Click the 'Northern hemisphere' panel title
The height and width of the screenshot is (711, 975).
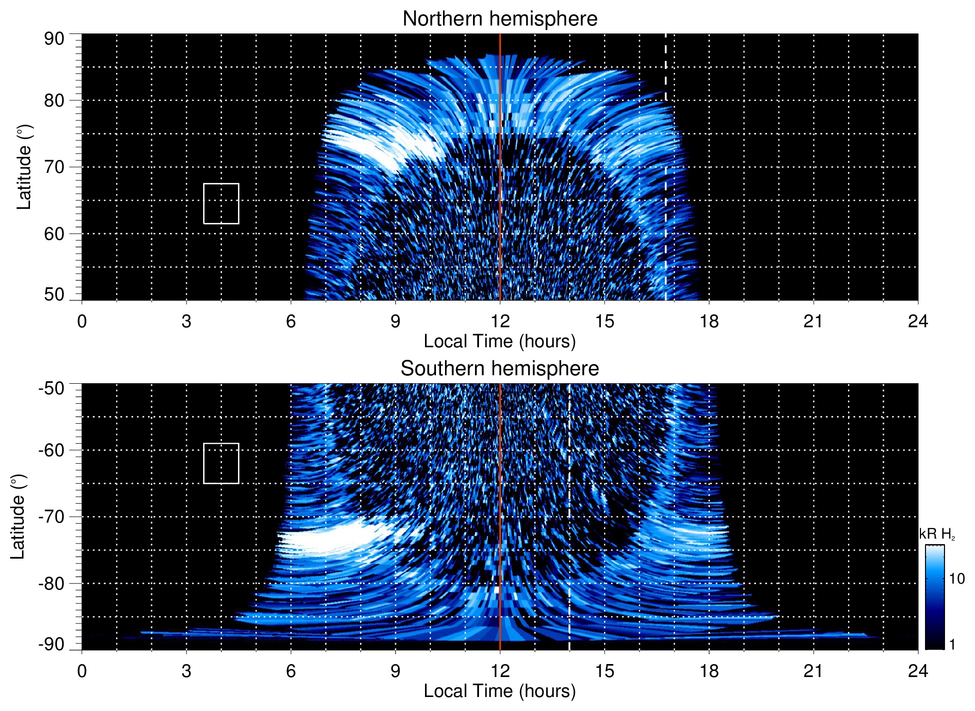(499, 19)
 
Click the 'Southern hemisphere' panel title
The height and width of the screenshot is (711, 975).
(499, 369)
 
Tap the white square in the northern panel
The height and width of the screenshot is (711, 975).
(221, 203)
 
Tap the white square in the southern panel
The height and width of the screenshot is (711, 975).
(221, 463)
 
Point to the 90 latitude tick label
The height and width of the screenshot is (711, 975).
(54, 39)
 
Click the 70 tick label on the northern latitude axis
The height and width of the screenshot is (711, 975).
(54, 167)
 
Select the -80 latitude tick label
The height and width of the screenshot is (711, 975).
(51, 584)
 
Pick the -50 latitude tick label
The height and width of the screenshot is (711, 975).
(51, 388)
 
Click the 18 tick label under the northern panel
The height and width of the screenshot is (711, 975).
(708, 321)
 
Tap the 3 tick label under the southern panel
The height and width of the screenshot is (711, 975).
(186, 671)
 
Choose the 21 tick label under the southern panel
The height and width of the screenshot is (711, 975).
(813, 671)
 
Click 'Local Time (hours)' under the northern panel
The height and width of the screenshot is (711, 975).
(499, 342)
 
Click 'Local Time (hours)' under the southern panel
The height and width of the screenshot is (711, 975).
(499, 692)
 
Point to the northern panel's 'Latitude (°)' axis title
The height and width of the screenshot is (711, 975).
(24, 167)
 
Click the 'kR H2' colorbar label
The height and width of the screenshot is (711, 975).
(936, 535)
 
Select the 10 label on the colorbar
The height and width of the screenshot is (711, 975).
(956, 579)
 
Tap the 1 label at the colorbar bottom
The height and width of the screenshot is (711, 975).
(952, 645)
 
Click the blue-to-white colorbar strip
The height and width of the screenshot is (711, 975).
(934, 597)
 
